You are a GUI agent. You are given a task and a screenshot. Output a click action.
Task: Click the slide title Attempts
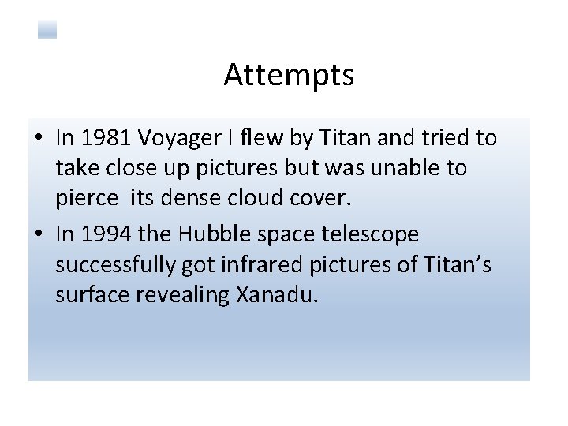[289, 76]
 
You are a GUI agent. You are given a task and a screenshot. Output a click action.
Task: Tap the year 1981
[101, 138]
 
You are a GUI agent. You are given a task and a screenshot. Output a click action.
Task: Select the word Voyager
[177, 140]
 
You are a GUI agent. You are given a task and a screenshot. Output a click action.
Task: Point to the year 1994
[101, 234]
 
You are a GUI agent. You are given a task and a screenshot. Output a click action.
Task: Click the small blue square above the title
[47, 30]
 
